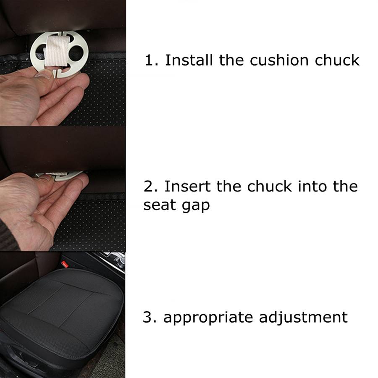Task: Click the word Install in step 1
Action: (189, 60)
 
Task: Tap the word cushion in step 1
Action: (279, 60)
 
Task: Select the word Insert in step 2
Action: (187, 186)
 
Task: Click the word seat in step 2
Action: (159, 205)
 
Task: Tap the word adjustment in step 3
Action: (303, 318)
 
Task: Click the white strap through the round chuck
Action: (58, 52)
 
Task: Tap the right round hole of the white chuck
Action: (76, 52)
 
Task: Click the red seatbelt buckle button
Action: (65, 264)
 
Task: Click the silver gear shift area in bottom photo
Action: (113, 262)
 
